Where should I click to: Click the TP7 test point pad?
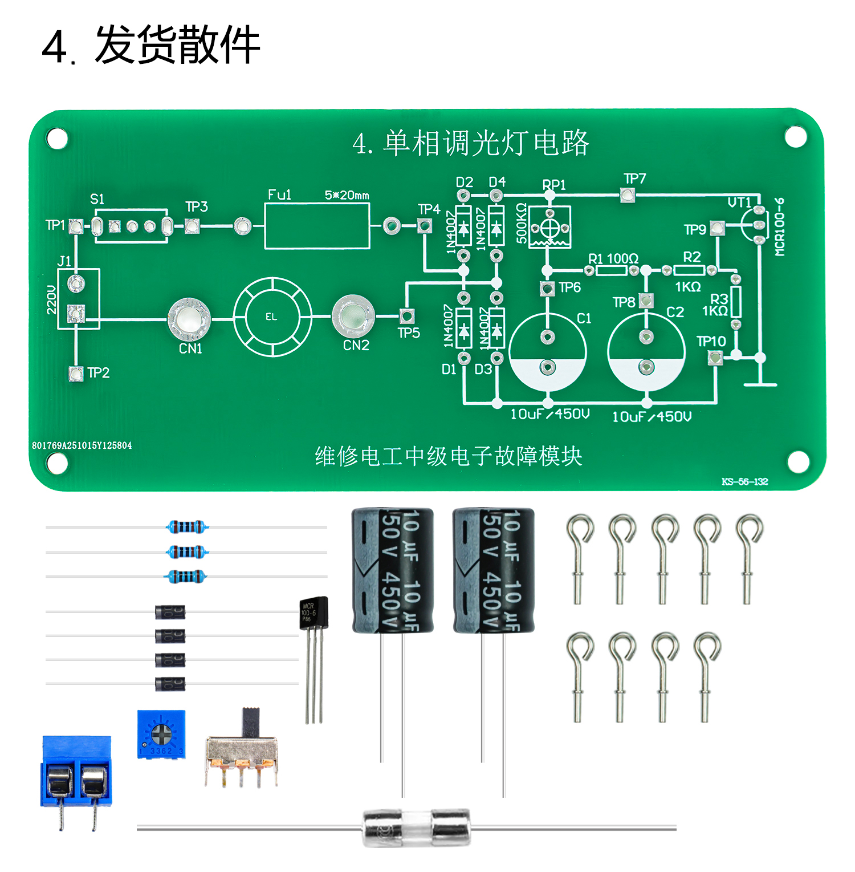tap(627, 196)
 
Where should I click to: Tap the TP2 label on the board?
tap(98, 373)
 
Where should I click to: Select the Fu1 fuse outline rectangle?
tap(317, 226)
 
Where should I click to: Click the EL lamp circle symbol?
tap(272, 317)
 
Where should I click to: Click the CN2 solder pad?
tap(353, 316)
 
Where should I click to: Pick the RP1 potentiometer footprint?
tap(549, 228)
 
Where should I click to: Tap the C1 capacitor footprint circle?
tap(547, 351)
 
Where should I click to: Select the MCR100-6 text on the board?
tap(780, 226)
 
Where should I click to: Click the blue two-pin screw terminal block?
tap(76, 772)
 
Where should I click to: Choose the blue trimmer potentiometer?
tap(161, 734)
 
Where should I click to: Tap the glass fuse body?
tap(417, 828)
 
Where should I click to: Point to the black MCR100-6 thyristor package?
tap(313, 613)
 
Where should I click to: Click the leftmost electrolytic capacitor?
tap(392, 571)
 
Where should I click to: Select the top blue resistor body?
tap(186, 527)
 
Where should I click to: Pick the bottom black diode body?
tap(170, 683)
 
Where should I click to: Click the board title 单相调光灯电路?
tap(471, 143)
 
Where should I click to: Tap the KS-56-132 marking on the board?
tap(744, 482)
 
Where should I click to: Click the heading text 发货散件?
tap(177, 46)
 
